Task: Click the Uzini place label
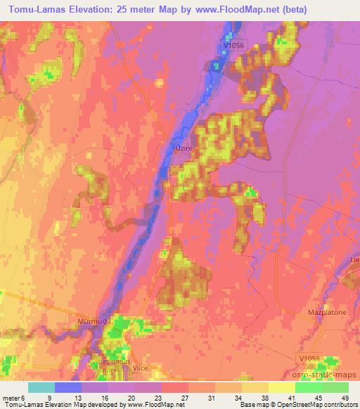[x=183, y=149]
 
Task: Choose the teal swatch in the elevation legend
[x=42, y=387]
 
